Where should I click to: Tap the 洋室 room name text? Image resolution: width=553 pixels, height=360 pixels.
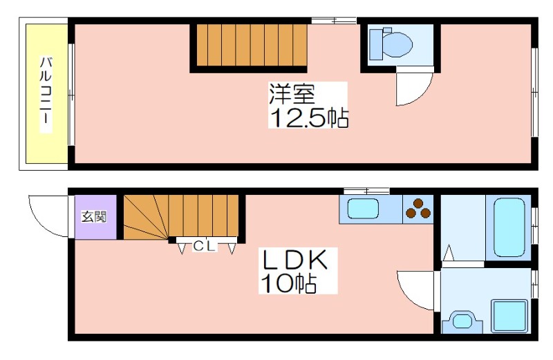[292, 94]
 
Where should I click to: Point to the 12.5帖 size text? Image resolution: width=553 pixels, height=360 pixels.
[309, 117]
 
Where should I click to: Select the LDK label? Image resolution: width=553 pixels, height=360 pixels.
[295, 260]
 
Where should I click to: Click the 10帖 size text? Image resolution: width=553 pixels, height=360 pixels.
[288, 283]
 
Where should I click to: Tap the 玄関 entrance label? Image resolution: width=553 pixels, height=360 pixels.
[94, 216]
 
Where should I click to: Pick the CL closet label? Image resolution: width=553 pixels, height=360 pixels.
[204, 246]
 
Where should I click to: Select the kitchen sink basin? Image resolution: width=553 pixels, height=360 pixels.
[363, 209]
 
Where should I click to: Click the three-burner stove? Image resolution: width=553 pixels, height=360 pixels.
[418, 209]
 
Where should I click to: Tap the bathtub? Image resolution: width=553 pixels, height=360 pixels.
[509, 227]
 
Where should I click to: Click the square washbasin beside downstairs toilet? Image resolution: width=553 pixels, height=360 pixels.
[510, 316]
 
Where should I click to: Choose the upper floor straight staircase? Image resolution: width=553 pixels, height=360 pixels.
[252, 45]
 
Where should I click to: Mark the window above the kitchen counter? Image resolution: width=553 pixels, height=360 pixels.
[366, 191]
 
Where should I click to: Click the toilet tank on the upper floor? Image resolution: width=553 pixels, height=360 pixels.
[376, 45]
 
